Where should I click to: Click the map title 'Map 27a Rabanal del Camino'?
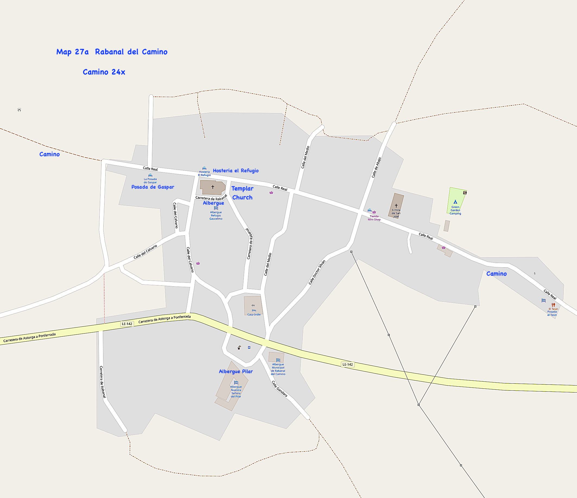pyautogui.click(x=112, y=52)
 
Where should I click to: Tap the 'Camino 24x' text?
pyautogui.click(x=104, y=72)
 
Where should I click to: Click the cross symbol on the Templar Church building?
pyautogui.click(x=213, y=187)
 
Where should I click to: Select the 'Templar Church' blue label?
pyautogui.click(x=242, y=193)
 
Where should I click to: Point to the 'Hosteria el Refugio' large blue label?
pyautogui.click(x=236, y=171)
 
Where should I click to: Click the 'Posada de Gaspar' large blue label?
pyautogui.click(x=153, y=187)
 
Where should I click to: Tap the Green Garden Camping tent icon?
pyautogui.click(x=455, y=202)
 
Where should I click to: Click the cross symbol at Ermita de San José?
pyautogui.click(x=396, y=205)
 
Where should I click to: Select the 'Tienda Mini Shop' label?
pyautogui.click(x=374, y=218)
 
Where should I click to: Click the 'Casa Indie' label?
pyautogui.click(x=254, y=315)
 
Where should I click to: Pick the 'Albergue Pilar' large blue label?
pyautogui.click(x=236, y=372)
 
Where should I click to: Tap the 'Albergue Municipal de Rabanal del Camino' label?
pyautogui.click(x=278, y=369)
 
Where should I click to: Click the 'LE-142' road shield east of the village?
pyautogui.click(x=348, y=364)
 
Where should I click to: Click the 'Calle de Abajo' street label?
pyautogui.click(x=376, y=168)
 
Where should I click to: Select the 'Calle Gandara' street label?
pyautogui.click(x=279, y=389)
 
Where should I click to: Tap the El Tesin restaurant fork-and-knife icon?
pyautogui.click(x=553, y=305)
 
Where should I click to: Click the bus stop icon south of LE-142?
pyautogui.click(x=249, y=348)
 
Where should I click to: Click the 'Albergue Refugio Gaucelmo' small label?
pyautogui.click(x=216, y=216)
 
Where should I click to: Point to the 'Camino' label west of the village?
pyautogui.click(x=50, y=155)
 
